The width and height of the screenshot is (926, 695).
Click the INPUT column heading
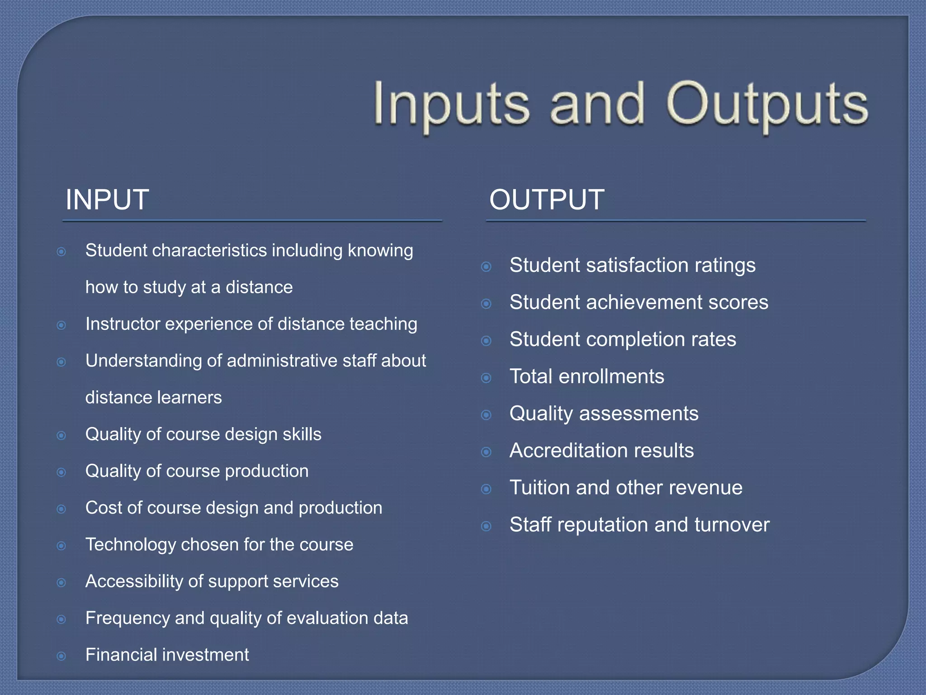click(107, 200)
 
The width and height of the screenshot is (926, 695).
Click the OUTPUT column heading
click(547, 200)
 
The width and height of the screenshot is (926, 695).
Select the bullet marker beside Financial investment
click(61, 656)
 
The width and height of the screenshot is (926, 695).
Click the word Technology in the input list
click(130, 545)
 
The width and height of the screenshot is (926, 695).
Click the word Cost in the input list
click(104, 508)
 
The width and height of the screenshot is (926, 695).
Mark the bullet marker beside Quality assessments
click(486, 415)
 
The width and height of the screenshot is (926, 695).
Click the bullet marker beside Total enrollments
click(486, 378)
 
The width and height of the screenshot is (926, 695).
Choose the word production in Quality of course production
click(267, 471)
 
